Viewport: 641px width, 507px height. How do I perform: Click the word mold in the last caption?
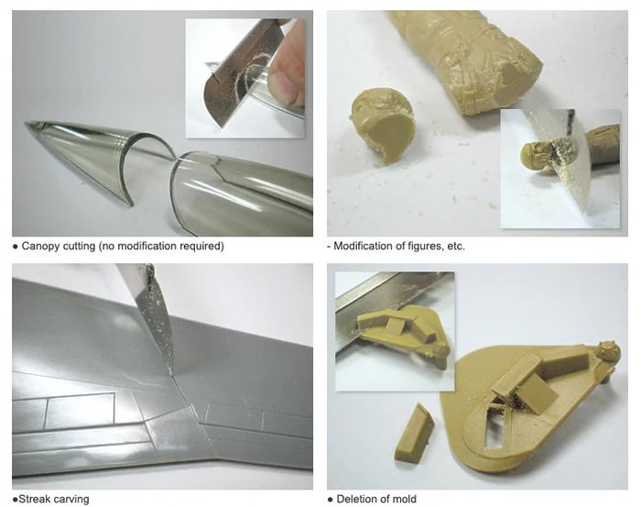[x=403, y=499]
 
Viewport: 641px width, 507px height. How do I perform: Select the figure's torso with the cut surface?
[x=485, y=73]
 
